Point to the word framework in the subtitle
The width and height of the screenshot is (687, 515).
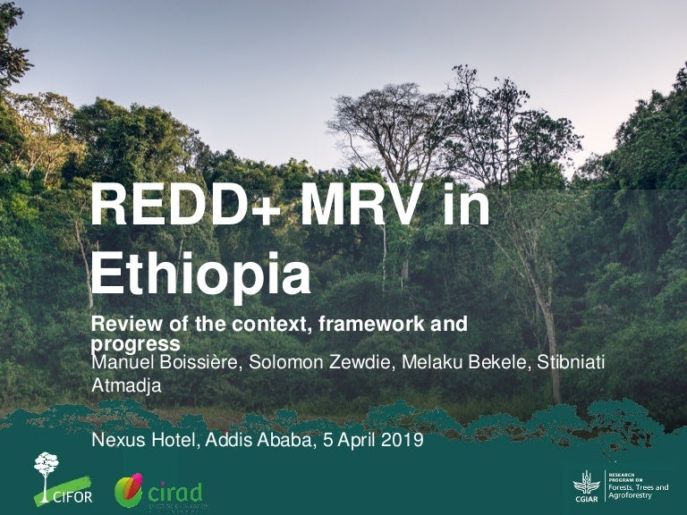[x=362, y=325]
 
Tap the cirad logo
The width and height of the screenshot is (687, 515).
[x=159, y=492]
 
